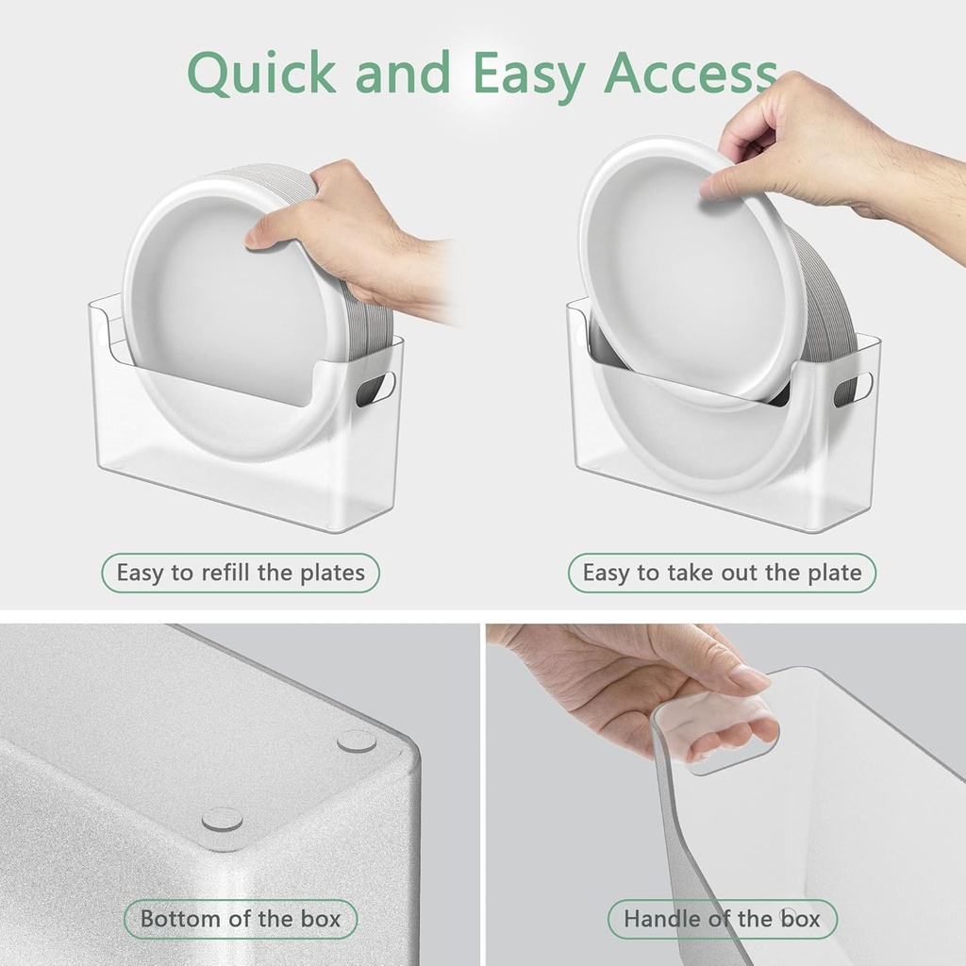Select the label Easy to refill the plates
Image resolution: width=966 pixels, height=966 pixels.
coord(241,573)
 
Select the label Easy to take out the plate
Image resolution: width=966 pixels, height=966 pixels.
coord(722,573)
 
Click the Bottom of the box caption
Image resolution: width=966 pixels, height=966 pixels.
coord(241,918)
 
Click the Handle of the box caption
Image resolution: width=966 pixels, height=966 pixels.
coord(722,918)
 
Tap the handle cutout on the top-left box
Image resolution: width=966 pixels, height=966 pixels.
coord(375,388)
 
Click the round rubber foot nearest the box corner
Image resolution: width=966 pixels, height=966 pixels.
coord(222,820)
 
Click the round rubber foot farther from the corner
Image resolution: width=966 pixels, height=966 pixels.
coord(357,741)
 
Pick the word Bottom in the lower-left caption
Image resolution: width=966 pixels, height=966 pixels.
coord(180,918)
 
